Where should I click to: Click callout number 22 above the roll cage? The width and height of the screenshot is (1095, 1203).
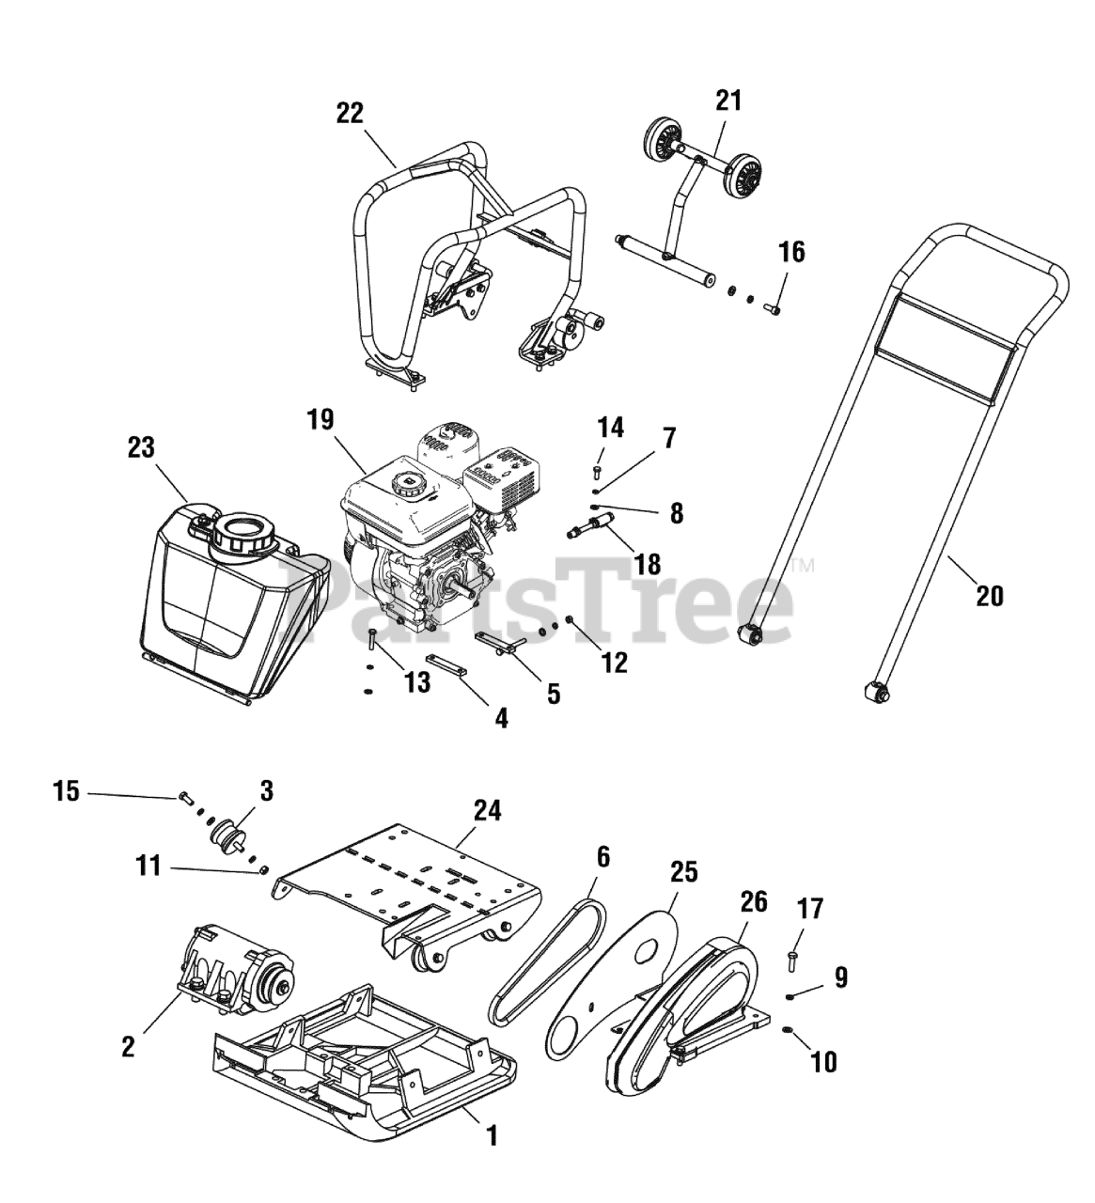pos(350,113)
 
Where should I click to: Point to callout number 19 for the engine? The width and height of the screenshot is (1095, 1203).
pos(320,419)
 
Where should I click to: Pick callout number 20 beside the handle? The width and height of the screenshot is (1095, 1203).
pos(990,595)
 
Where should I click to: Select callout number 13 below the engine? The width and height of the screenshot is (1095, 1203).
pos(416,682)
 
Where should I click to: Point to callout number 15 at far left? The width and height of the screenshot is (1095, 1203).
pos(66,792)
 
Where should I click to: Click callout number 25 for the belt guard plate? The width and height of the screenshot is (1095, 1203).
pos(683,871)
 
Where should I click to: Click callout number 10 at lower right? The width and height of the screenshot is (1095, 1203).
pos(822,1062)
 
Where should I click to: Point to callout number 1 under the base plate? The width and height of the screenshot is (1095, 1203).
pos(491,1135)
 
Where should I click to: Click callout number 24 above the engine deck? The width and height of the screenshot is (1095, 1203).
pos(488,809)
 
